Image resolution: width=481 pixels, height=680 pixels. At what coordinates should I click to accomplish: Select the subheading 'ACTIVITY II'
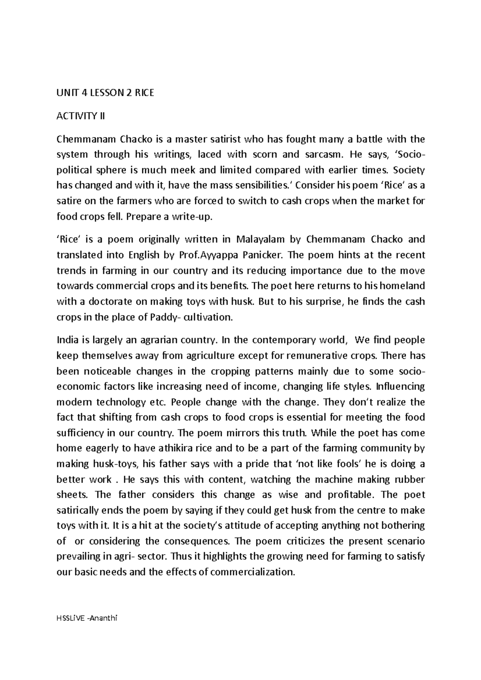81,116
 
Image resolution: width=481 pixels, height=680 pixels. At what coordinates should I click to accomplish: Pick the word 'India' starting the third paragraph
66,340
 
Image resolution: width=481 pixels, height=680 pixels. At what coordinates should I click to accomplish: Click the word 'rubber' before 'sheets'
410,479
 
